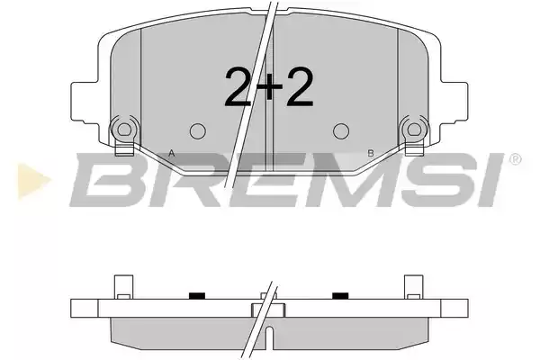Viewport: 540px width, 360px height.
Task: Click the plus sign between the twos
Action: point(269,87)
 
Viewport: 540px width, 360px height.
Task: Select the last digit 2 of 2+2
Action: point(300,86)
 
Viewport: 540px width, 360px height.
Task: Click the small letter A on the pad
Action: point(172,153)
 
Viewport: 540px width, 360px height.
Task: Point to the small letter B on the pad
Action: point(371,153)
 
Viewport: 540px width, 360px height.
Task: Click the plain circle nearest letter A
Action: point(198,130)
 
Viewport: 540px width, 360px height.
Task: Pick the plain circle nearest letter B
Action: point(341,130)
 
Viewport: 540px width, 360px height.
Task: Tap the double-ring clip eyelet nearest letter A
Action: point(124,130)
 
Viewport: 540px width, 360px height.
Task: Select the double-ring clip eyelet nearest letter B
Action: point(414,130)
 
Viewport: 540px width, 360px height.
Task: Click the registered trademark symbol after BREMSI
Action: point(515,159)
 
